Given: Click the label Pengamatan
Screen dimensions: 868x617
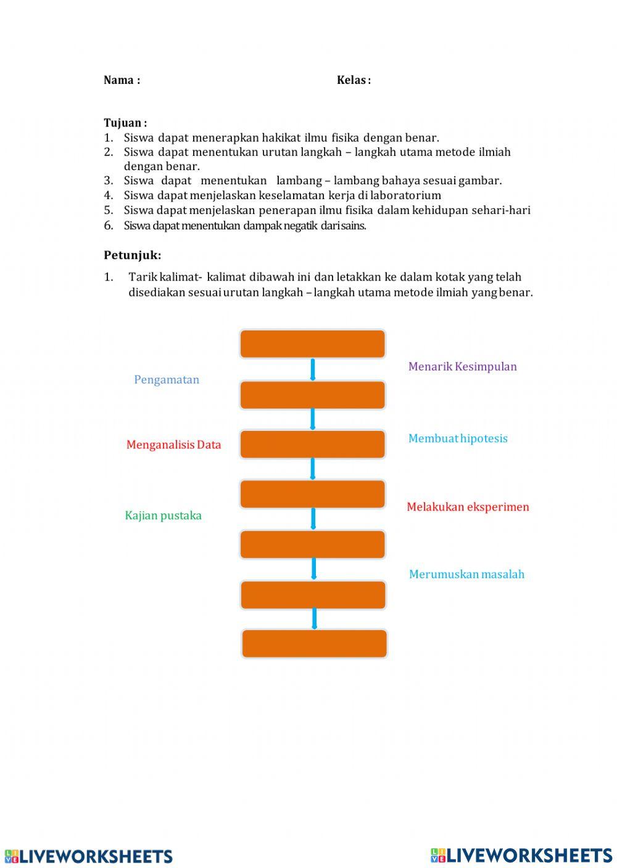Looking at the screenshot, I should pos(167,380).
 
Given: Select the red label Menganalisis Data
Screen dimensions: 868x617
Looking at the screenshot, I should pos(173,444).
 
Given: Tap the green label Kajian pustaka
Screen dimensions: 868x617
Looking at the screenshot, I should pos(163,515).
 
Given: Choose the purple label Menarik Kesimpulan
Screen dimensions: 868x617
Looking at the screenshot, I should pos(462,366).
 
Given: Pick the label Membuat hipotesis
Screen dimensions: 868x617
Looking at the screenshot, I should pos(458,438).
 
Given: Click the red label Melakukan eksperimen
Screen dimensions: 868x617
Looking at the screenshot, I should pos(468,507).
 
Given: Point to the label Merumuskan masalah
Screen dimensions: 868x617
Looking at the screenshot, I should pos(466,574).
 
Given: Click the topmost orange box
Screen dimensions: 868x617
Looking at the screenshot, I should pos(312,344).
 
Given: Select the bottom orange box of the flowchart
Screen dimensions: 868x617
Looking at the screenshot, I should pos(314,644).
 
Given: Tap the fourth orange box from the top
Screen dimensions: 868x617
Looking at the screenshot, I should pos(312,494).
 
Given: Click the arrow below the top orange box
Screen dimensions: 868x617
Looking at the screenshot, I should pos(313,370).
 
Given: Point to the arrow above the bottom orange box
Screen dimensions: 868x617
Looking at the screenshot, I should pos(315,618).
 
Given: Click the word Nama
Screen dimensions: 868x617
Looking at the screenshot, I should pos(118,80).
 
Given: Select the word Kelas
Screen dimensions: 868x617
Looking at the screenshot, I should pos(351,80).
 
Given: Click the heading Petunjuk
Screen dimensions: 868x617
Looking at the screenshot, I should pos(132,255).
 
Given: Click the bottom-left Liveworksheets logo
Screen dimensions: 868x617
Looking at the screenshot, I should pos(89,856).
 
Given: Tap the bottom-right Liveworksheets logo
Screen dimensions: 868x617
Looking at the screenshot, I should pos(521,855).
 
